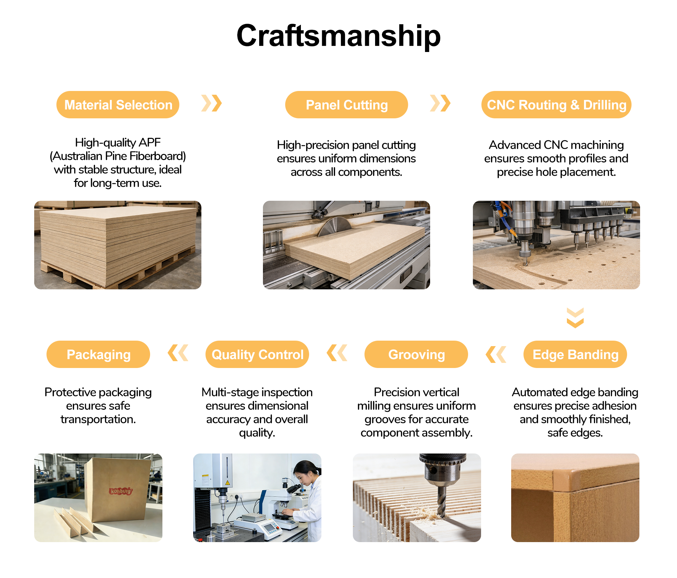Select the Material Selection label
pyautogui.click(x=118, y=105)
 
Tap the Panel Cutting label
pyautogui.click(x=346, y=105)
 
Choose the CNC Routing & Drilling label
pyautogui.click(x=556, y=105)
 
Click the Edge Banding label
pyautogui.click(x=575, y=354)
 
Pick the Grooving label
pyautogui.click(x=416, y=354)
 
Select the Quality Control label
pyautogui.click(x=257, y=354)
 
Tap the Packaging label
pyautogui.click(x=98, y=354)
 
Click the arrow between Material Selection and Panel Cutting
pyautogui.click(x=212, y=103)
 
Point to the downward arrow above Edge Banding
pyautogui.click(x=575, y=318)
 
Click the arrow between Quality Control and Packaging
pyautogui.click(x=178, y=353)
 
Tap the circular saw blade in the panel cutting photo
pyautogui.click(x=334, y=226)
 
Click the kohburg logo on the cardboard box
pyautogui.click(x=120, y=491)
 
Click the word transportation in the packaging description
pyautogui.click(x=98, y=419)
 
